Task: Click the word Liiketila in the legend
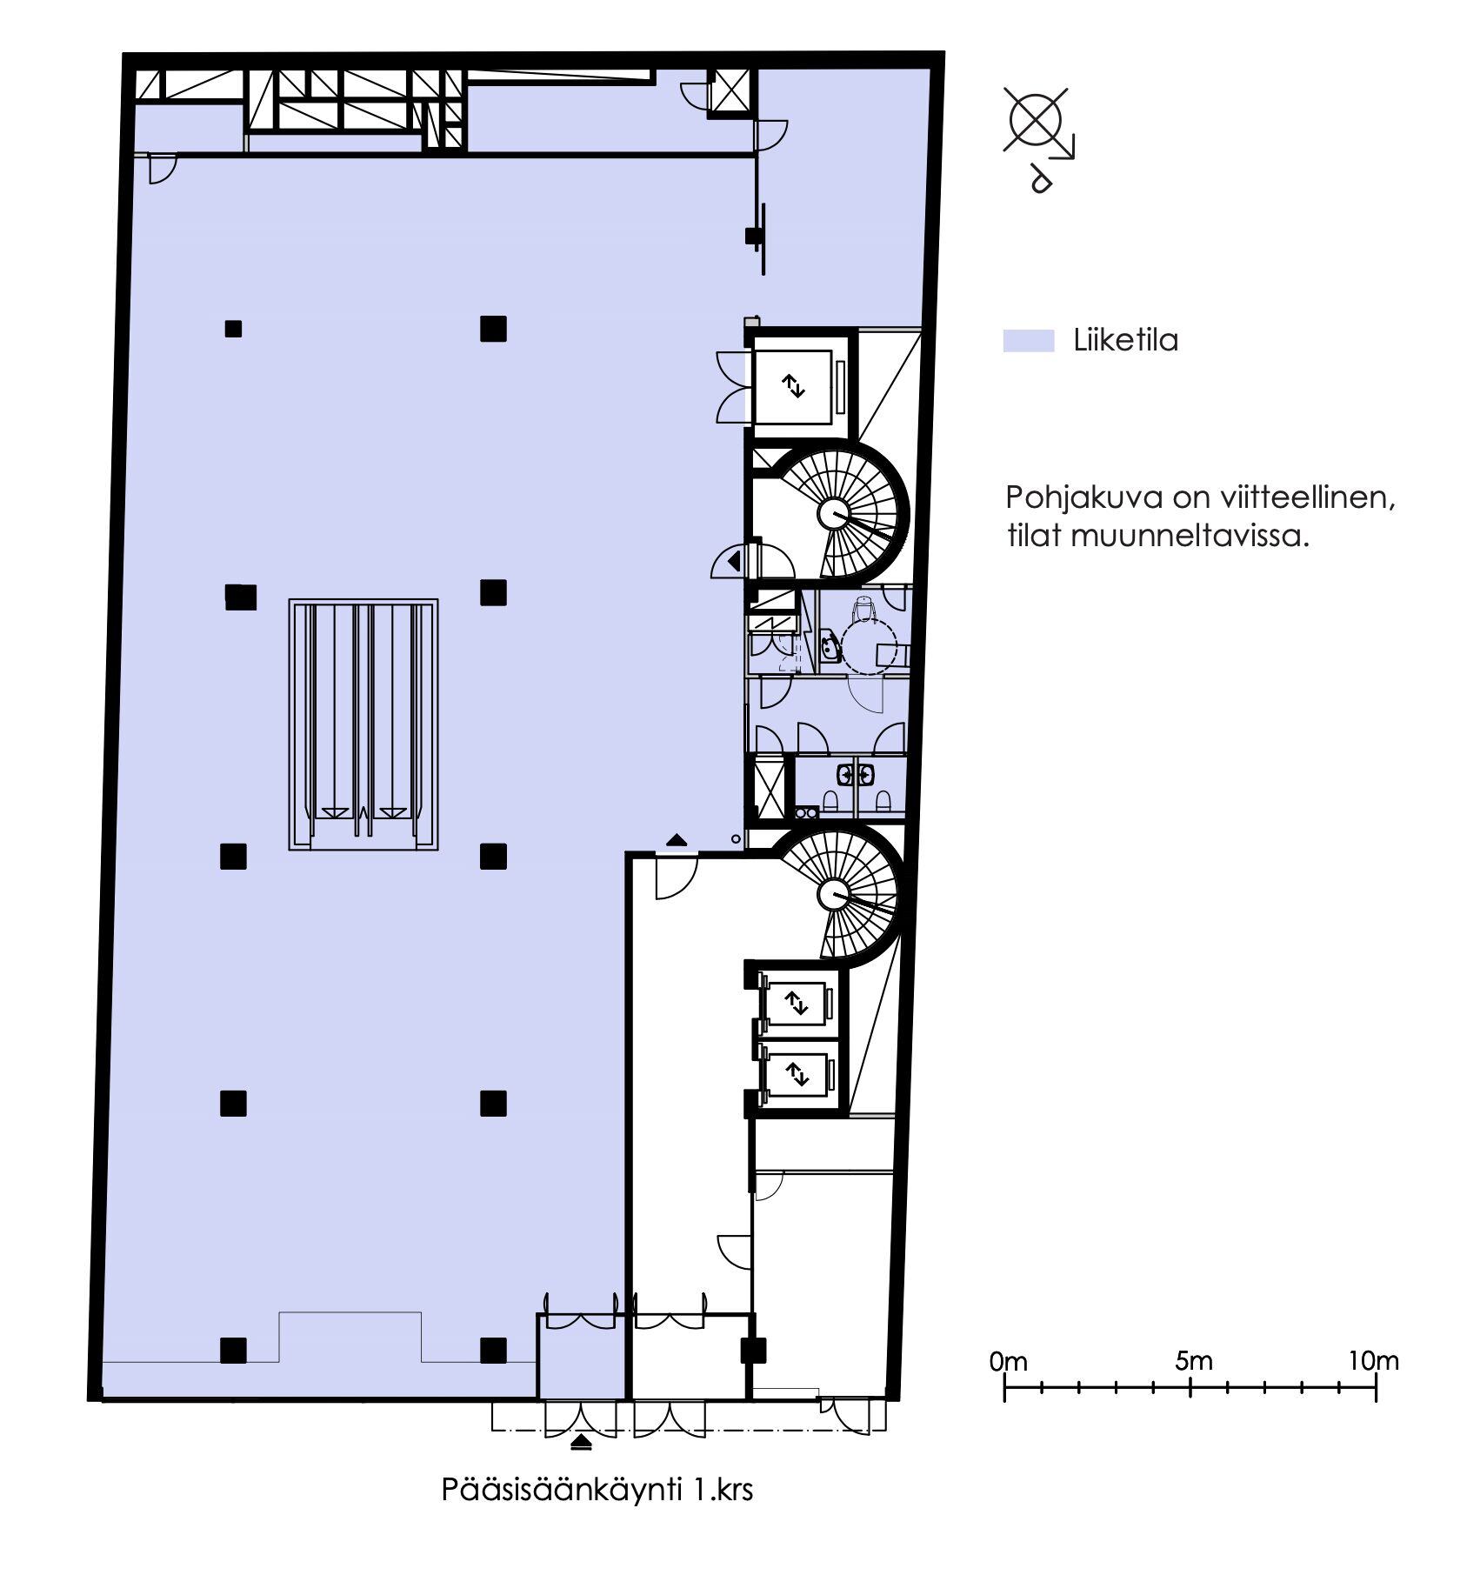tap(1125, 340)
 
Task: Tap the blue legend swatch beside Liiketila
tap(1029, 341)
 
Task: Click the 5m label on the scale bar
tap(1194, 1361)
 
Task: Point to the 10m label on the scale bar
tap(1374, 1361)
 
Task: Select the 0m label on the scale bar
tap(1009, 1361)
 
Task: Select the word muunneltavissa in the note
tap(1190, 536)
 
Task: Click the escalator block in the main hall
tap(363, 724)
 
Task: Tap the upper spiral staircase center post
tap(834, 515)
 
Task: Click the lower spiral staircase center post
tap(834, 894)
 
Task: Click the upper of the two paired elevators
tap(798, 1004)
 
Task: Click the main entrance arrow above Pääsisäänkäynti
tap(582, 1444)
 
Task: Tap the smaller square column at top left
tap(233, 329)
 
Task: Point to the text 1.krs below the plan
tap(723, 1490)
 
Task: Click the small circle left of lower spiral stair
tap(736, 839)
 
